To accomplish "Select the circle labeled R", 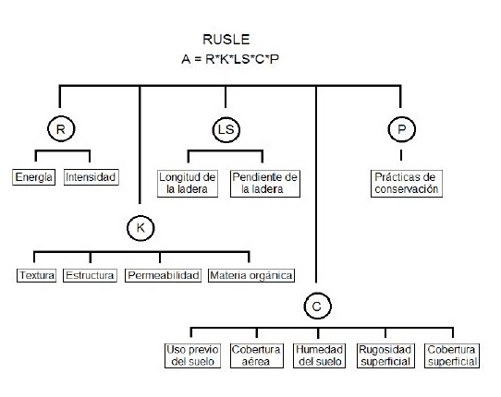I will tap(60, 130).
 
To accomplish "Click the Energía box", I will tap(35, 177).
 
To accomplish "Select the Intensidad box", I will tap(92, 177).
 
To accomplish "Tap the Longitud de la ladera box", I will tap(188, 183).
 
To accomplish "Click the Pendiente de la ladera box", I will tap(264, 183).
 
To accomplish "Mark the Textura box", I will tap(37, 275).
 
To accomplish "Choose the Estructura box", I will tap(91, 275).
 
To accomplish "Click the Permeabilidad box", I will tap(163, 275).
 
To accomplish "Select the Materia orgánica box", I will tap(251, 275).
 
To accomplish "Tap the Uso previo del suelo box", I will tap(192, 355).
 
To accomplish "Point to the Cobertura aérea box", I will tap(256, 355).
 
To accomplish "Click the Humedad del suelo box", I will tap(320, 355).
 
